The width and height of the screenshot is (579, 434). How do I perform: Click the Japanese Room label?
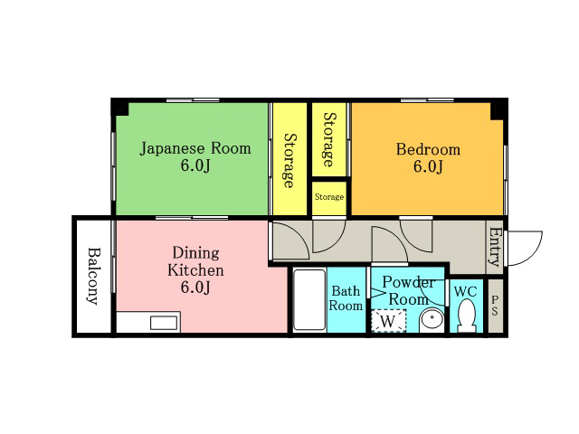point(195,148)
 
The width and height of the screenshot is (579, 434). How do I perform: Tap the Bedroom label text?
point(428,149)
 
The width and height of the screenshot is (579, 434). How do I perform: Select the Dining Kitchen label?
point(195,261)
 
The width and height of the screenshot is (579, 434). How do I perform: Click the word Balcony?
point(94,276)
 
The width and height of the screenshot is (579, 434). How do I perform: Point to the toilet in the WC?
point(467,316)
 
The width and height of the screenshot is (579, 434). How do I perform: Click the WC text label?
point(466,291)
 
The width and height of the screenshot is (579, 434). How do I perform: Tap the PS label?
point(495,307)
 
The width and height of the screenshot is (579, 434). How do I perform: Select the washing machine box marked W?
point(388,321)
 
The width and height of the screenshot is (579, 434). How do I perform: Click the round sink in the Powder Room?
point(432,319)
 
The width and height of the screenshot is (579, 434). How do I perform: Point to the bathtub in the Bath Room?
point(309,300)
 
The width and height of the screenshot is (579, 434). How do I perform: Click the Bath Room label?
point(346,298)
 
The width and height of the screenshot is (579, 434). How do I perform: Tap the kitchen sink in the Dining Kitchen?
point(164,323)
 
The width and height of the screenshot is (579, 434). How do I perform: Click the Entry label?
point(495,247)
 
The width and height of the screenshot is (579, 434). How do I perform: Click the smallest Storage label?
point(329,197)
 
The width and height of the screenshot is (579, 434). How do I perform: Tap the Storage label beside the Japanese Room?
point(289,161)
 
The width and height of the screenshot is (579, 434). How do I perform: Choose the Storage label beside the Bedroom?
point(329,139)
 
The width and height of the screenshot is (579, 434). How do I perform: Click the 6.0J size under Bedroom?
point(428,166)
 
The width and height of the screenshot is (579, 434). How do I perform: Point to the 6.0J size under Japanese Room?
point(195,165)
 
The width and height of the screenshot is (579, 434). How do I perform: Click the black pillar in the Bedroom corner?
point(498,109)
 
